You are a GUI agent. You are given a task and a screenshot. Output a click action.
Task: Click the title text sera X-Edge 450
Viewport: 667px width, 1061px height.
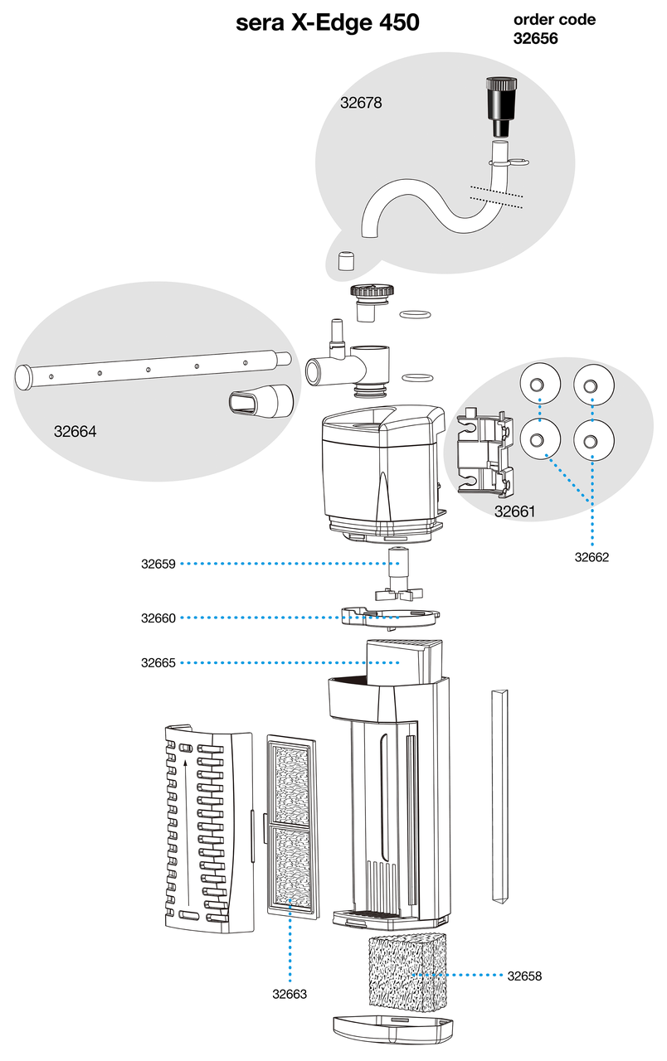(328, 24)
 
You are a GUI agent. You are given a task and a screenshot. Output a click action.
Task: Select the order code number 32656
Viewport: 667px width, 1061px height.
(535, 38)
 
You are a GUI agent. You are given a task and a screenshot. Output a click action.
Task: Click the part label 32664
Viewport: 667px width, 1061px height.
(75, 431)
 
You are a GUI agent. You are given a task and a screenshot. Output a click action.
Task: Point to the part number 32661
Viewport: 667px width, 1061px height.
(514, 511)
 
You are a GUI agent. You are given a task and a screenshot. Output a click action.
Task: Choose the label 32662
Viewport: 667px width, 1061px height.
(592, 557)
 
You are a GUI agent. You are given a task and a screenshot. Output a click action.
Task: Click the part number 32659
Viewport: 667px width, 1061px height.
(158, 564)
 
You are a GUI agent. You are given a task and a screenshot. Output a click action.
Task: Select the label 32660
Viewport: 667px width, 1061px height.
(158, 618)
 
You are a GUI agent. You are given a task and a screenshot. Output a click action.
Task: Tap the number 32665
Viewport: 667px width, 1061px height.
(158, 663)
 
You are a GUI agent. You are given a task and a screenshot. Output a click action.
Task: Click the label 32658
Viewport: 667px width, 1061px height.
(524, 976)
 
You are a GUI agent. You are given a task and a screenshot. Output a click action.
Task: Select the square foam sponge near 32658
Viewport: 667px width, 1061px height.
(406, 972)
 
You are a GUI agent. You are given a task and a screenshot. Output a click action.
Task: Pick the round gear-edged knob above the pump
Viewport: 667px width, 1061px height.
(371, 294)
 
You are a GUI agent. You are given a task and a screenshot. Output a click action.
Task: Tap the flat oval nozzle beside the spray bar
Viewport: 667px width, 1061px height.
(260, 402)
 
